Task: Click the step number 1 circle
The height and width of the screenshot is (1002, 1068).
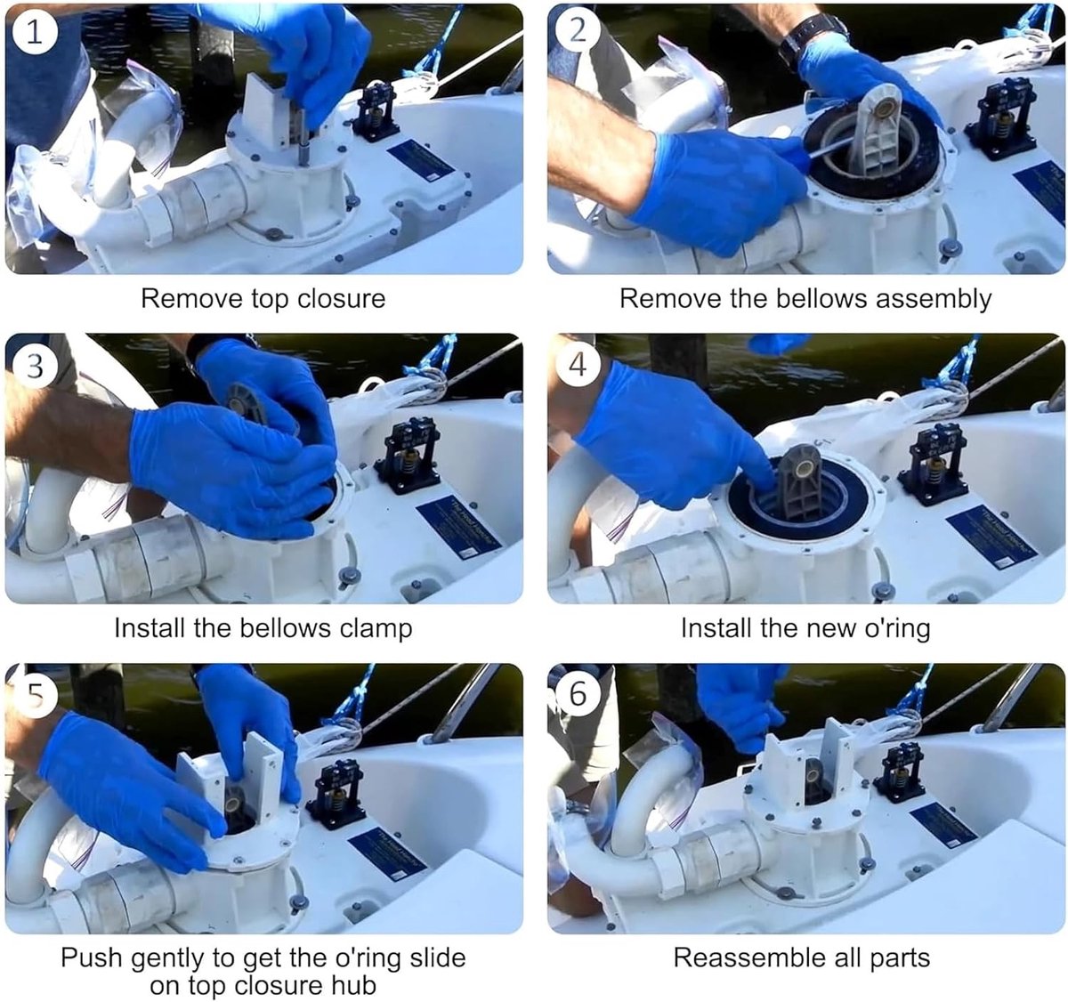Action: click(34, 33)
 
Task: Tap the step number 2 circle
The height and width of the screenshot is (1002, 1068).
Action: click(578, 31)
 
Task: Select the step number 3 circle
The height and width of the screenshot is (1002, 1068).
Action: click(35, 367)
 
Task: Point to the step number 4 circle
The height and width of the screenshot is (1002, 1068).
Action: click(578, 365)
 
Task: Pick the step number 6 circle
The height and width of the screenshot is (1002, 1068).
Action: click(578, 694)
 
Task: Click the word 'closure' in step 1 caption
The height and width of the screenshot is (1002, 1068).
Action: click(341, 298)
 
